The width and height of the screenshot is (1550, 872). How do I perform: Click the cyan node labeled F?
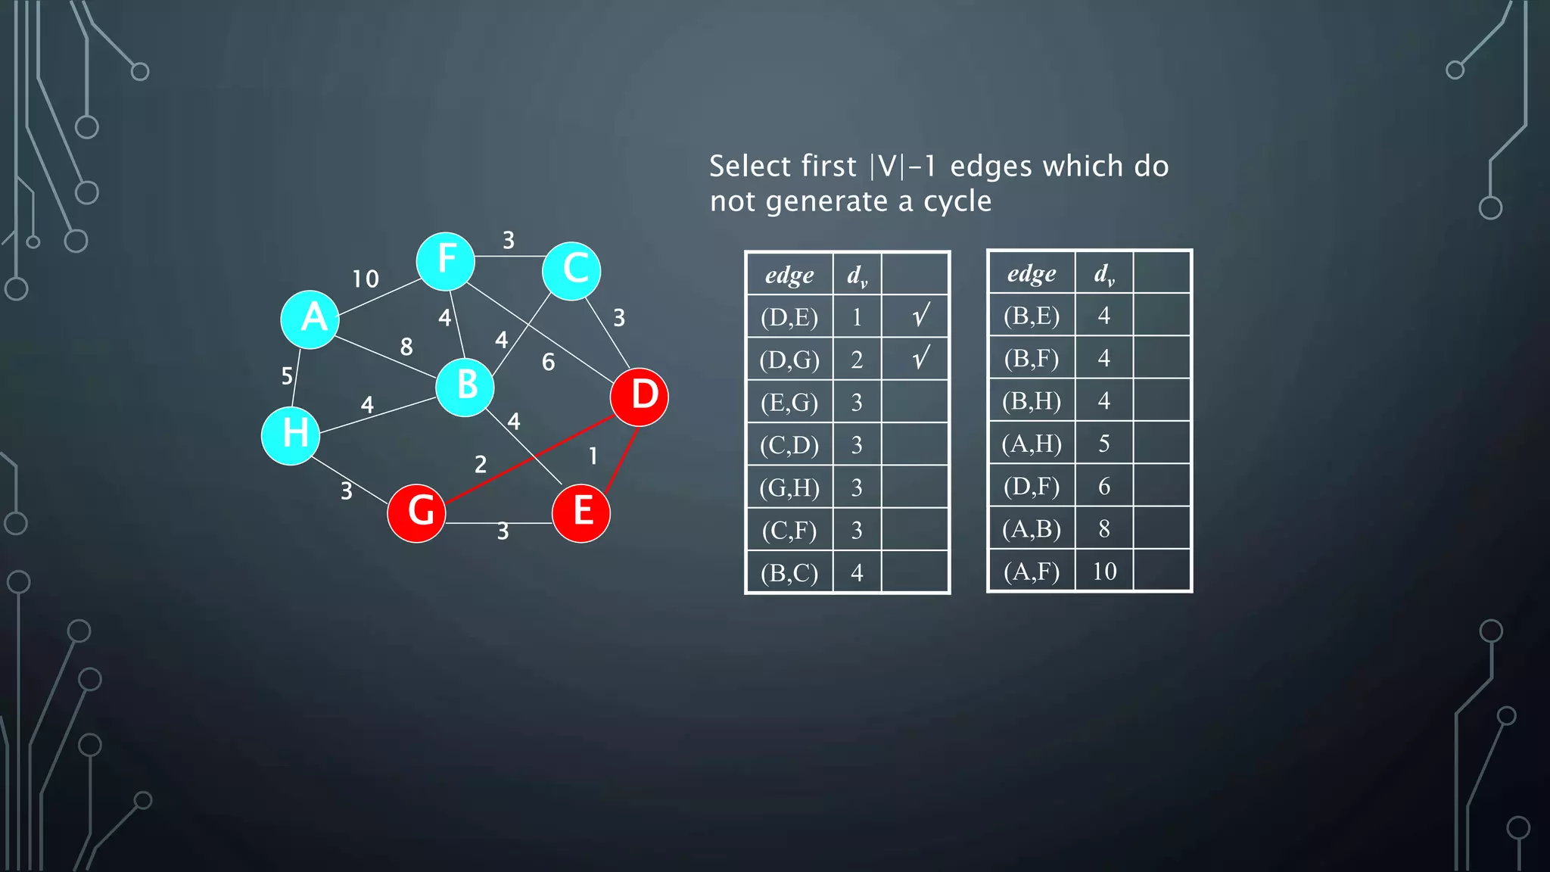click(446, 261)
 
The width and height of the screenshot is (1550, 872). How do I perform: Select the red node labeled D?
click(640, 397)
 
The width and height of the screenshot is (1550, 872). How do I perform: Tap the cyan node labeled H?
click(291, 435)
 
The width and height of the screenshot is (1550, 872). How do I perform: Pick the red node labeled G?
click(416, 512)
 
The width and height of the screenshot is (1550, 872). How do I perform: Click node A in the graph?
click(310, 319)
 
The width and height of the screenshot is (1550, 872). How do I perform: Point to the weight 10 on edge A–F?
click(366, 279)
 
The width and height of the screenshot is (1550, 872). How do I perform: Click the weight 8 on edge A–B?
click(406, 347)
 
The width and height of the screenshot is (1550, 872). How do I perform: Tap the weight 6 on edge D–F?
click(548, 363)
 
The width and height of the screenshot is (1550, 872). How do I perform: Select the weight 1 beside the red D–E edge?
click(593, 456)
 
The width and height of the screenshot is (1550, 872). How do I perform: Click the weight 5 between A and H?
click(287, 375)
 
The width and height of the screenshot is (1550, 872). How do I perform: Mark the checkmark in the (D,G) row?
click(920, 359)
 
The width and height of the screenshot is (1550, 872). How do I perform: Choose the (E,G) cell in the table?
click(789, 402)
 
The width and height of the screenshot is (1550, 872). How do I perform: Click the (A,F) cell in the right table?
click(1032, 571)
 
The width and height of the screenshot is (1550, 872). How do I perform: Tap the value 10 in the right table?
click(1104, 571)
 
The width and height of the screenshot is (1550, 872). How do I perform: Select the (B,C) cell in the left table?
click(789, 573)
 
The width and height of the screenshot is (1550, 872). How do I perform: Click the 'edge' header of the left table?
click(789, 274)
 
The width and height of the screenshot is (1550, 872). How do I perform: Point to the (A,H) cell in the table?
click(1032, 443)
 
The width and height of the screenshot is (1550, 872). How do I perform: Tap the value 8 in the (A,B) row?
click(1104, 528)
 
